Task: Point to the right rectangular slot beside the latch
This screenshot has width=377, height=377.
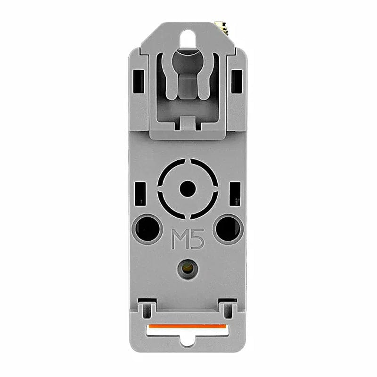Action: coord(237,78)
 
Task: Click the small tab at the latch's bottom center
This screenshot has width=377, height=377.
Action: coord(188,123)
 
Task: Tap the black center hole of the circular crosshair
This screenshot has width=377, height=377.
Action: coord(188,189)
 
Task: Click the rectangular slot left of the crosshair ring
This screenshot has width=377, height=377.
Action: coord(140,193)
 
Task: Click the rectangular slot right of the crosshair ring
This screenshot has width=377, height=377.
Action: coord(235,193)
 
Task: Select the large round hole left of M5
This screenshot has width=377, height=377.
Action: coord(147,229)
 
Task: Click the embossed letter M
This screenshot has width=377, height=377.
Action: coord(179,240)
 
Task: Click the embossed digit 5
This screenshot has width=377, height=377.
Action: coord(197,240)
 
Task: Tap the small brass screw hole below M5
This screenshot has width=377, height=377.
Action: coord(188,269)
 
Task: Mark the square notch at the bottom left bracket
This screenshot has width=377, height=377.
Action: coord(148,308)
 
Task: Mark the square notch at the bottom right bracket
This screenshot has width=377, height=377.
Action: coord(229,308)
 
